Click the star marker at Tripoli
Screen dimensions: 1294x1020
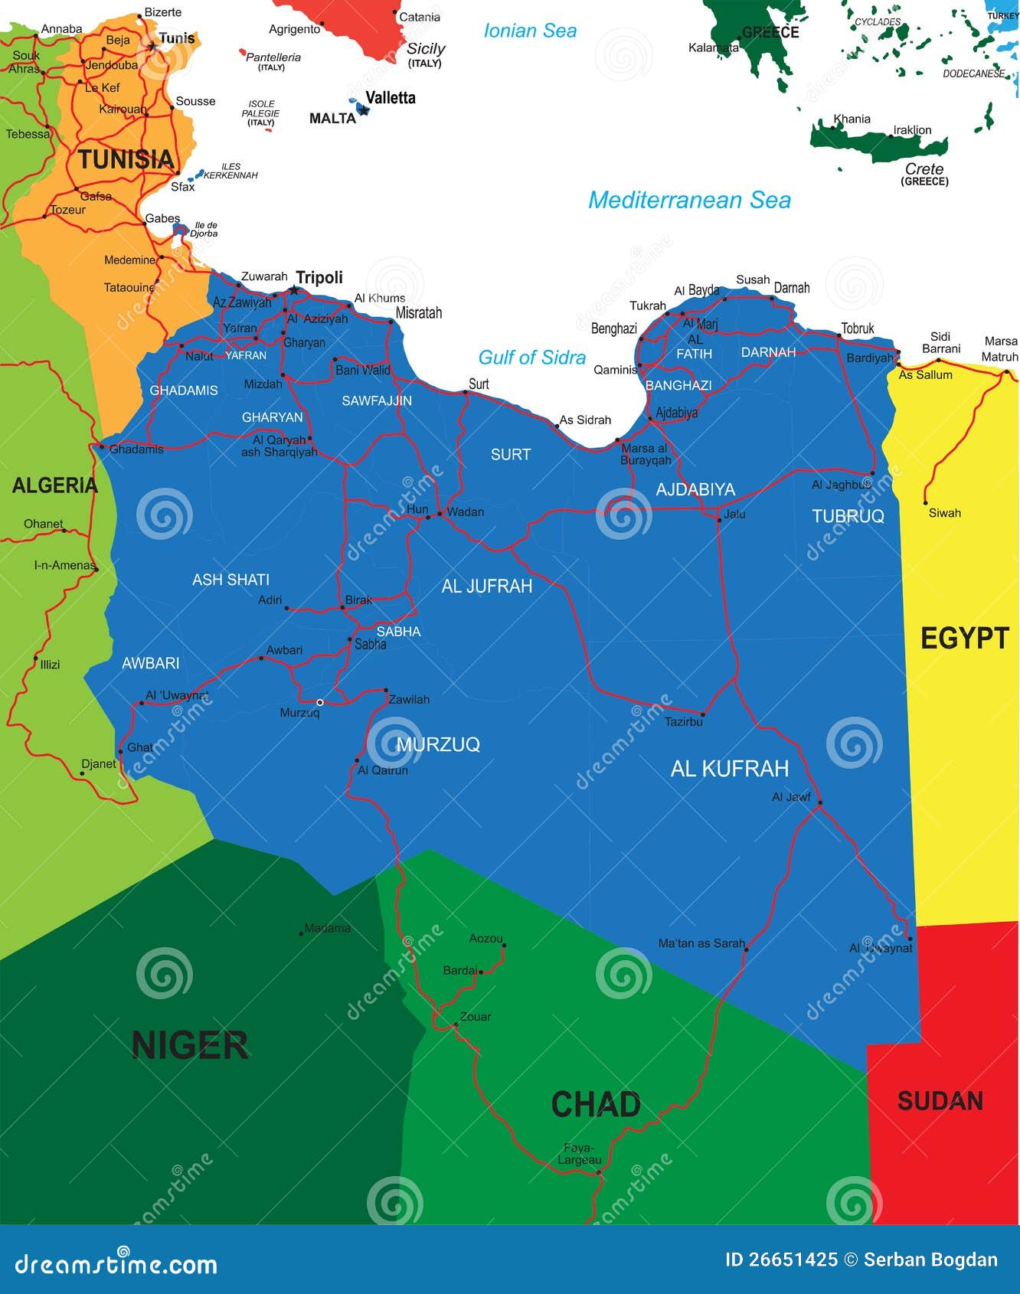[x=294, y=290]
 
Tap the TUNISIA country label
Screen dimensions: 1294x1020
[x=126, y=159]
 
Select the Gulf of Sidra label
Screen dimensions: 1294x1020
[x=531, y=358]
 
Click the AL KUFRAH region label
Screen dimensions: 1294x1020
[x=729, y=769]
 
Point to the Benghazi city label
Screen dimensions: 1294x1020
[x=613, y=328]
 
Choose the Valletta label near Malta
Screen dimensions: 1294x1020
[x=391, y=98]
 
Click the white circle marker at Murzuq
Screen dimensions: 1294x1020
[x=320, y=702]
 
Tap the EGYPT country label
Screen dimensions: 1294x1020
[x=964, y=638]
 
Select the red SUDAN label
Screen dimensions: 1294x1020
[x=940, y=1101]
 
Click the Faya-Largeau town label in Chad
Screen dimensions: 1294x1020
[x=579, y=1154]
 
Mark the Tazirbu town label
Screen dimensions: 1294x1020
[x=683, y=722]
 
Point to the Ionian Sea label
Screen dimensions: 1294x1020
[x=530, y=31]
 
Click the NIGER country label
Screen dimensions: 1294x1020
[x=190, y=1045]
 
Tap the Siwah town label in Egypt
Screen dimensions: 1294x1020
[x=944, y=513]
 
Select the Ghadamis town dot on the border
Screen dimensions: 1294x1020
[x=101, y=446]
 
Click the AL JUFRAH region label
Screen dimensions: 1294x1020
[x=486, y=587]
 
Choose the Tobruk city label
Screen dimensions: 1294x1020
[x=857, y=328]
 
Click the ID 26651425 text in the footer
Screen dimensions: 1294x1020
[x=781, y=1260]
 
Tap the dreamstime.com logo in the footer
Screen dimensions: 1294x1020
[x=116, y=1264]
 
